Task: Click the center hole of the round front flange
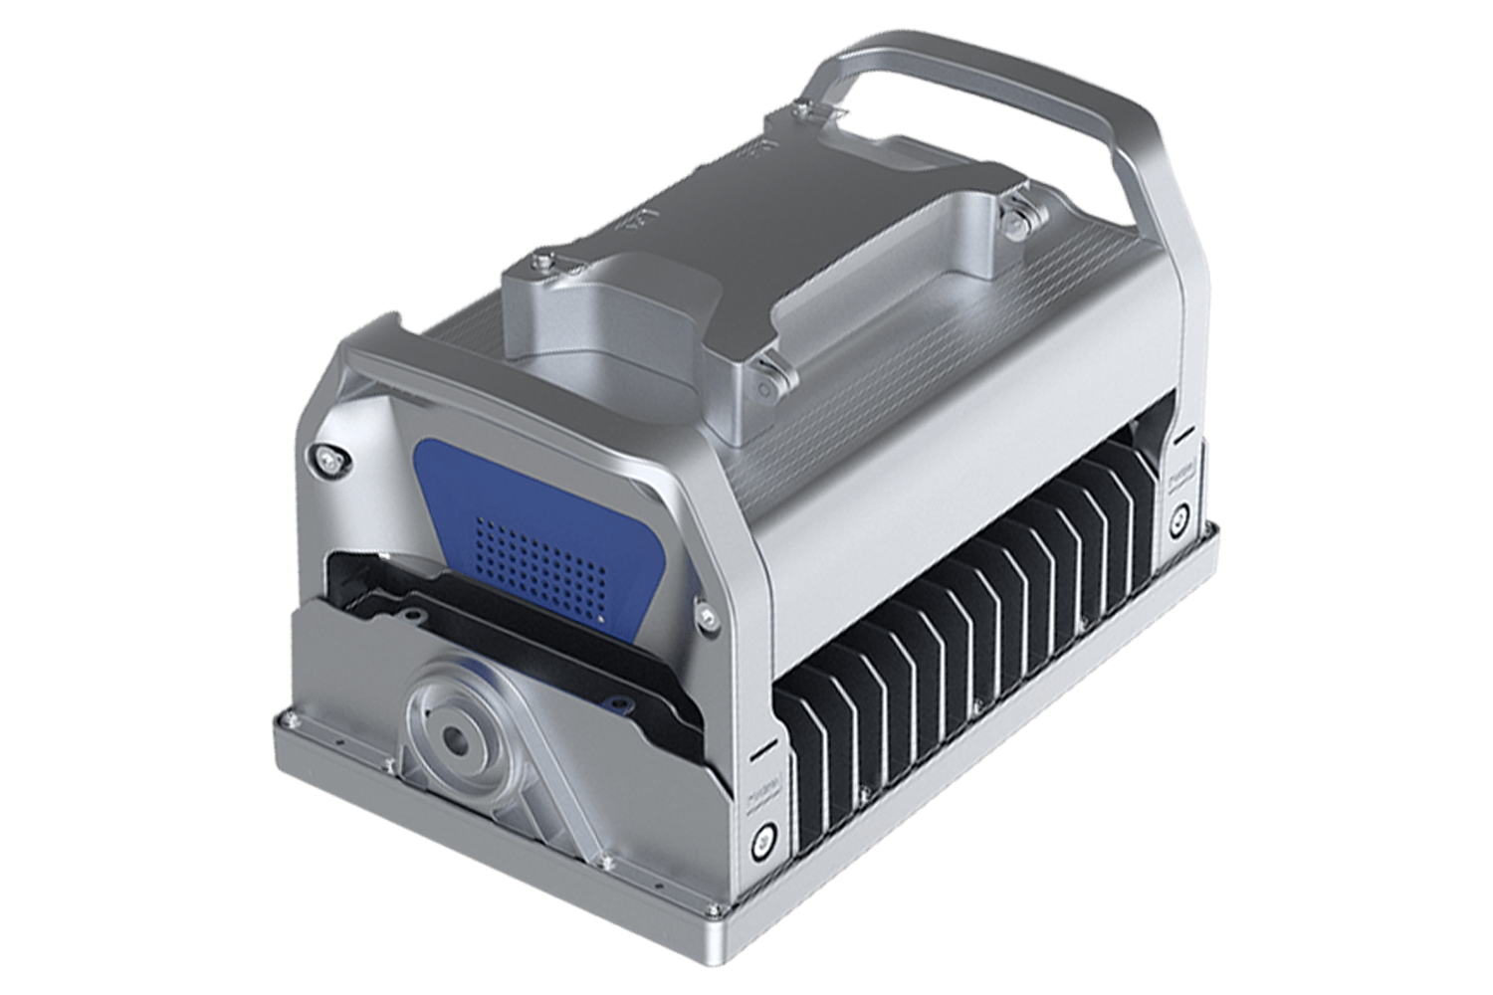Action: tap(459, 738)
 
